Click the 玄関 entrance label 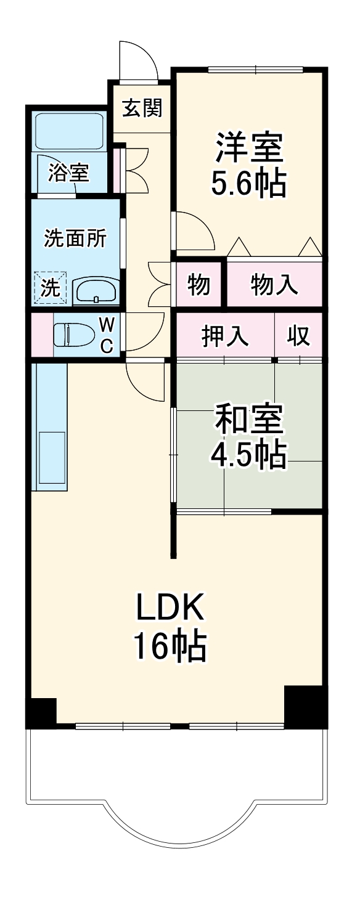(x=142, y=108)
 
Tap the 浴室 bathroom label (x=68, y=173)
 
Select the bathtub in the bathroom (x=68, y=131)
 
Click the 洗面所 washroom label (x=75, y=238)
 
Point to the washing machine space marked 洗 (x=49, y=288)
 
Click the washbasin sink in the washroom (x=96, y=290)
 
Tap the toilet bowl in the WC (x=70, y=335)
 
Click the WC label (x=106, y=335)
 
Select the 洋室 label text (x=249, y=148)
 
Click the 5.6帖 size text (x=249, y=182)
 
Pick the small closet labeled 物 (x=198, y=285)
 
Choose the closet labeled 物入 (x=274, y=285)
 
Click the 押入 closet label (x=226, y=336)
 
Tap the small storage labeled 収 (x=298, y=336)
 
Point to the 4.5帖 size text (x=249, y=455)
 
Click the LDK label (x=169, y=609)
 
